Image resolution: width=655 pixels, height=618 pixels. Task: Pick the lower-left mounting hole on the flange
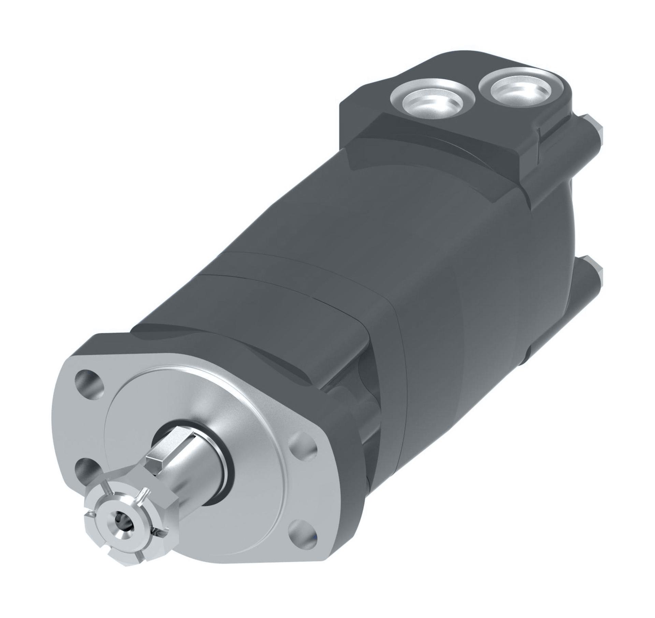coord(89,471)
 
